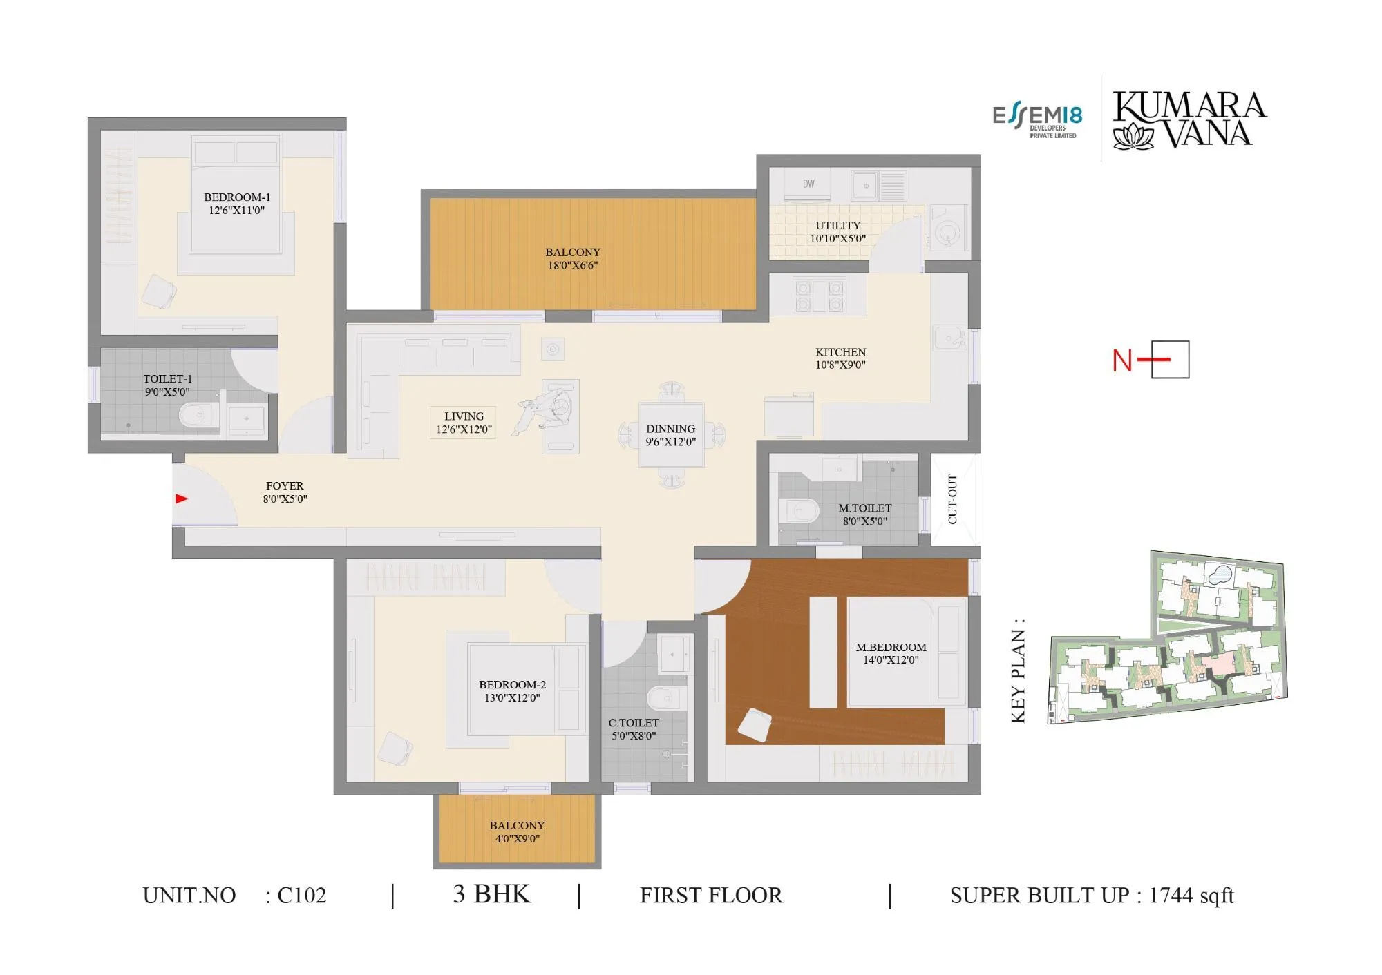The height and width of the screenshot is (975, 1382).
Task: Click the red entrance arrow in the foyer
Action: coord(182,499)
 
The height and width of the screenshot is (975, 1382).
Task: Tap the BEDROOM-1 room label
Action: coord(237,197)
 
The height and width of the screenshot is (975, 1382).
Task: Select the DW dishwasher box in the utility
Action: coord(808,184)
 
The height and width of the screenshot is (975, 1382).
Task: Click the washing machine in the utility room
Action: coord(947,227)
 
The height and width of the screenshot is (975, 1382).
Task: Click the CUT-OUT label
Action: coord(953,499)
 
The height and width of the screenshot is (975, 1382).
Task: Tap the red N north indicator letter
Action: coord(1122,360)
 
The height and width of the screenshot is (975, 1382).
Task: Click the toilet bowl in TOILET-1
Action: coord(198,416)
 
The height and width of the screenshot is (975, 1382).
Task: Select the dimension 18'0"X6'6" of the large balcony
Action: coord(572,265)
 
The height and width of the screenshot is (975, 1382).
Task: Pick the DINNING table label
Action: coord(670,429)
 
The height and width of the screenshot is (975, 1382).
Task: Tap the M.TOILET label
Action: coord(864,508)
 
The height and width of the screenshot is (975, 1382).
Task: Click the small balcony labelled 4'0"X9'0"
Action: coord(517,831)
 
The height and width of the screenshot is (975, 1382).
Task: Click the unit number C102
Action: coord(301,896)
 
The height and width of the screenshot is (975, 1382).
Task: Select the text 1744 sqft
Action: coord(1191,896)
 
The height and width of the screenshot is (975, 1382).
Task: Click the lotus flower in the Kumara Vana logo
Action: coord(1133,136)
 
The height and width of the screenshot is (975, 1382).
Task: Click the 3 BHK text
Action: coord(491,894)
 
